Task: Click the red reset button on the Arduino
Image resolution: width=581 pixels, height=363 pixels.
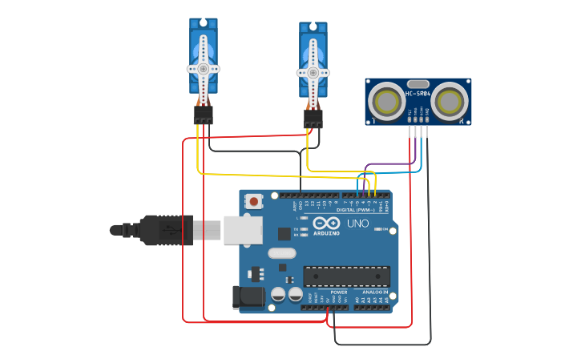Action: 254,201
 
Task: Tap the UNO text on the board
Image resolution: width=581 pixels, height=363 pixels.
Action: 357,224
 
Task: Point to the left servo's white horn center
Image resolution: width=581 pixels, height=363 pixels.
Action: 203,69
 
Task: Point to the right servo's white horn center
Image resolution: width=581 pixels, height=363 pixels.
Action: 313,72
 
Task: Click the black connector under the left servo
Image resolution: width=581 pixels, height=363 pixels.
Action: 203,115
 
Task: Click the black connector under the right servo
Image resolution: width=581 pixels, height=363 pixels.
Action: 313,119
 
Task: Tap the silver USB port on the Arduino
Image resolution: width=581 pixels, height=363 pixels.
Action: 242,229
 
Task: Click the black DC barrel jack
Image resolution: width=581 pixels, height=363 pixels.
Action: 248,297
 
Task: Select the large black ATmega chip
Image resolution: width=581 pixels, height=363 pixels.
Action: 346,276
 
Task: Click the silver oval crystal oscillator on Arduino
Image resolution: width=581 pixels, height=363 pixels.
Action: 282,253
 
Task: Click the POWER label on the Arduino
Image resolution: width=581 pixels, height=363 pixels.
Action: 338,292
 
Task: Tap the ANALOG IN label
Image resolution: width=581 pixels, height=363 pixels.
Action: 373,292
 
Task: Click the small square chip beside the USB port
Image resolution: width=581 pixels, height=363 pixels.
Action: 284,233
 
